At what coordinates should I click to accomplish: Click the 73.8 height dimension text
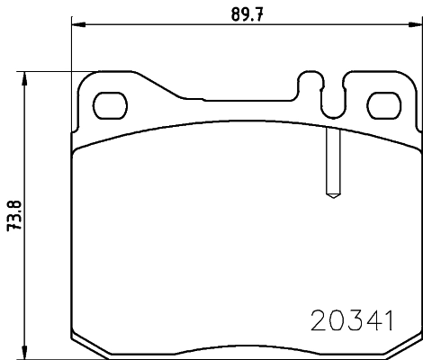13,215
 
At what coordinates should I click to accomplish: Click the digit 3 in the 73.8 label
13,220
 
